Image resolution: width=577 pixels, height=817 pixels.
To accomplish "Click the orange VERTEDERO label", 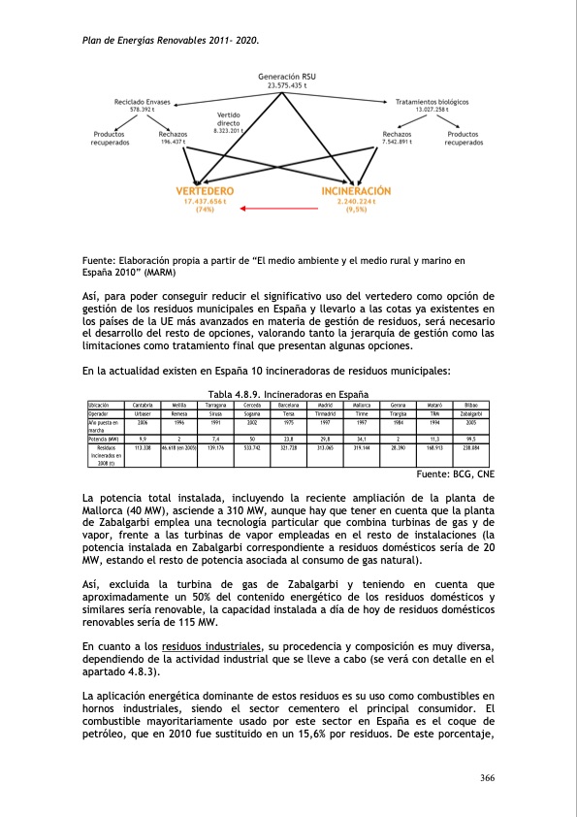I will tap(205, 191).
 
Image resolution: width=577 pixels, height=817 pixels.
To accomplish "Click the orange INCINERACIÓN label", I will tap(356, 191).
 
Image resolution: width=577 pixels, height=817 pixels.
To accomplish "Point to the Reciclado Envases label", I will tap(142, 102).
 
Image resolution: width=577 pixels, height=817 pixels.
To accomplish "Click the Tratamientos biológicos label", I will tap(433, 102).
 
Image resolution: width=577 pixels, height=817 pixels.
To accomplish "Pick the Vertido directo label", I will tap(229, 119).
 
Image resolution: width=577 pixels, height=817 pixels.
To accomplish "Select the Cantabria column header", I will tap(142, 404).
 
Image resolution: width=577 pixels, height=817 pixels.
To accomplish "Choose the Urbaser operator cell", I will tap(142, 412).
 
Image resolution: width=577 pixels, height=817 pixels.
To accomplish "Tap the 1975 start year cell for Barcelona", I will tap(288, 421).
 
